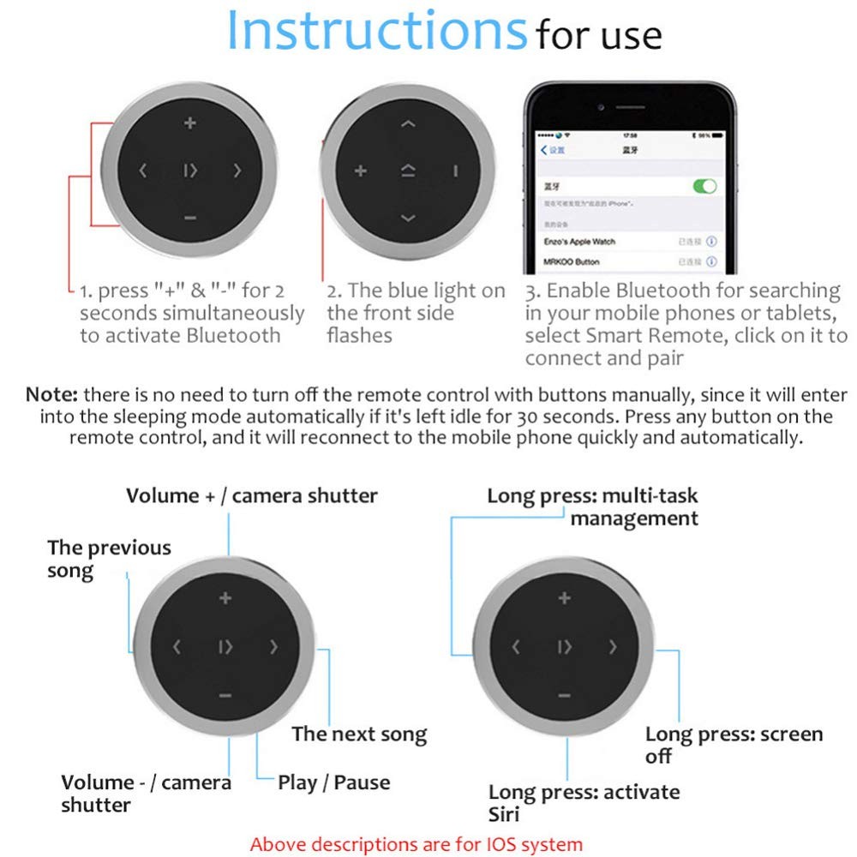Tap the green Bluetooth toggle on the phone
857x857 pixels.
point(704,186)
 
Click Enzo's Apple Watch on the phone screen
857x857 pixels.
point(579,242)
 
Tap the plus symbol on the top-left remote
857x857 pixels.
point(190,123)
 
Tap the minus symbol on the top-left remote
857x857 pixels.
point(190,218)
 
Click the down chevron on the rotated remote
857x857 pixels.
point(408,218)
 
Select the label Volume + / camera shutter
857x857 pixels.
point(251,495)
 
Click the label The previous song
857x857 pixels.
point(109,558)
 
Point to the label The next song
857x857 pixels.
point(358,734)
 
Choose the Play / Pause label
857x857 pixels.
point(333,782)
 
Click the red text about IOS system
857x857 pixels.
point(416,843)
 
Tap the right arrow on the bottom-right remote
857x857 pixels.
point(613,647)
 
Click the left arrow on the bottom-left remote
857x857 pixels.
point(177,647)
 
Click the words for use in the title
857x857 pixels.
point(598,36)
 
